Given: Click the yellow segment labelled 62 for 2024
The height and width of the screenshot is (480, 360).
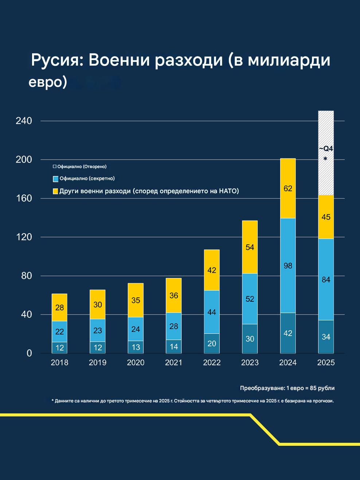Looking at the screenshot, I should pos(288,188).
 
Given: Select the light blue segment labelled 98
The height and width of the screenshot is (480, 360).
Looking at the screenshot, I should pos(288,265).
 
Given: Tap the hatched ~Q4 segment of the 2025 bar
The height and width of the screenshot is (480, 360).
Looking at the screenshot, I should pos(326,153).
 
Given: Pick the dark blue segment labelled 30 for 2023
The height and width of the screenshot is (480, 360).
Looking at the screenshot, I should pos(250,339).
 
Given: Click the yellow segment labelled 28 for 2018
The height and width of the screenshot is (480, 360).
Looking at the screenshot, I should pos(59,307).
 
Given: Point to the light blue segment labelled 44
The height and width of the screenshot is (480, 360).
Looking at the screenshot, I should pos(212,312).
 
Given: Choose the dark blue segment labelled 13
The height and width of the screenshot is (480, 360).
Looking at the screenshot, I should pos(136,347).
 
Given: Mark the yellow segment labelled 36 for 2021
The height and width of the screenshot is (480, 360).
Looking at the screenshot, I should pos(173,295).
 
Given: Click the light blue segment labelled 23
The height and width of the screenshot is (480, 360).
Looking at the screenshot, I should pos(98,330).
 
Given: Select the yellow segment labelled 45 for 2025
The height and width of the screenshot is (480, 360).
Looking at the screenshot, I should pos(326,217).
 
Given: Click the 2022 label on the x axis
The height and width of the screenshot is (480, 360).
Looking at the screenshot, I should pos(212,362).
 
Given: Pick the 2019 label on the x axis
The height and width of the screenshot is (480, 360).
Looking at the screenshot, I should pos(98,362).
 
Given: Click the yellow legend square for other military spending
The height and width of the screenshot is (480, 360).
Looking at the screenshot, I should pos(55,191).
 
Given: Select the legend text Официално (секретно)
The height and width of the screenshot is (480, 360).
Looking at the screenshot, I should pos(87,179).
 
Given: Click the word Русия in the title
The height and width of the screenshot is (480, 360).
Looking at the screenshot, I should pos(55,60).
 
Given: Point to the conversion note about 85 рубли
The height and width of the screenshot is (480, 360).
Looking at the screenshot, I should pos(287,388).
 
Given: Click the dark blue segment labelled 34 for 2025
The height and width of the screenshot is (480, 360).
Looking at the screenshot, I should pos(326,337).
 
